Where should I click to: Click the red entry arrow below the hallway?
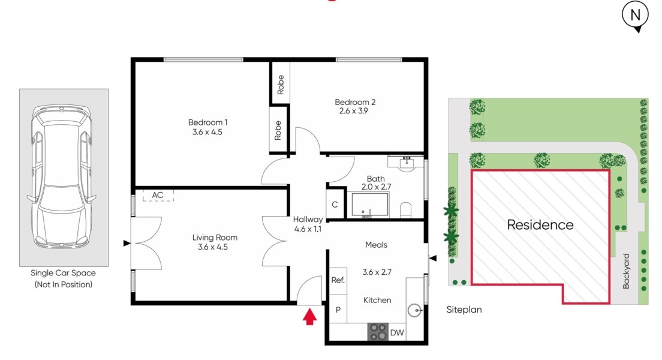[309, 316]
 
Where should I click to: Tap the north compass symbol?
[635, 16]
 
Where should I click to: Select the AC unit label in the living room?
[158, 195]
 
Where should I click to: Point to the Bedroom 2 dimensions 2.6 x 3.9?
[353, 111]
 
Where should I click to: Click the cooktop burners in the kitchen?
[378, 332]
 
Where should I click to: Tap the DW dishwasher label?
[397, 333]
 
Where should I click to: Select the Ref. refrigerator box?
[338, 281]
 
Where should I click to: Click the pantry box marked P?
[338, 309]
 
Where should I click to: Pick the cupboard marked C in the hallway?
[335, 205]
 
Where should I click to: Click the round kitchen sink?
[414, 311]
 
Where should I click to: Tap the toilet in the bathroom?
[405, 210]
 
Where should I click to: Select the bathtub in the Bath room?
[370, 205]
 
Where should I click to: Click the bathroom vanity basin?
[407, 163]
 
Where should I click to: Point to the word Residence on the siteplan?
[540, 225]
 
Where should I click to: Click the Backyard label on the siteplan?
[626, 271]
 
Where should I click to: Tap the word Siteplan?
[464, 310]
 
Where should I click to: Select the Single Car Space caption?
[64, 273]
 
